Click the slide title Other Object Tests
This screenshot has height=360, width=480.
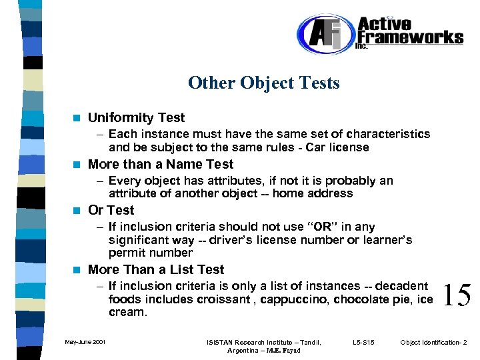point(263,83)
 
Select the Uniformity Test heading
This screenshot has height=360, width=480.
point(136,117)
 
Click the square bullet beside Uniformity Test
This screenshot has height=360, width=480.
point(77,118)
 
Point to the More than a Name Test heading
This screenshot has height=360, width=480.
point(161,164)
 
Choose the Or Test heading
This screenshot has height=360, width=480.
point(111,210)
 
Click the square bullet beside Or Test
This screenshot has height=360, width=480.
point(77,211)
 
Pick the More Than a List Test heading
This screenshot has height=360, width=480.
point(156,269)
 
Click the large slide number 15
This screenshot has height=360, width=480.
point(457,294)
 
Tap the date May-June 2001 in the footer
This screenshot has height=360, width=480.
point(85,343)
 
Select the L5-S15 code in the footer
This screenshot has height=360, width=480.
point(363,343)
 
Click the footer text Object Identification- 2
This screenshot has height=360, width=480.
point(433,343)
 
